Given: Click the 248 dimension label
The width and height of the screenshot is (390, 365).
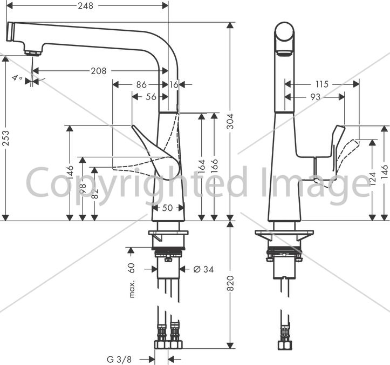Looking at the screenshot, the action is coord(86,6).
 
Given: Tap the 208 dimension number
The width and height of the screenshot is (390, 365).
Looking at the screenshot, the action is coord(99,71).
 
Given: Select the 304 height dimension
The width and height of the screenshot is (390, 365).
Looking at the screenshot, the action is coord(231,122).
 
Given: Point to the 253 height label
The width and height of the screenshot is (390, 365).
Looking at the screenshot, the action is coord(5,138).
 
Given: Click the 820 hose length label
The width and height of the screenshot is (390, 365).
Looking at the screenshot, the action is coord(231,283).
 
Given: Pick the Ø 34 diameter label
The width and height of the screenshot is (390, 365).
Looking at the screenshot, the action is coord(203,269).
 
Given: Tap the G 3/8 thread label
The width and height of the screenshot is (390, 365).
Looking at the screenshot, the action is coord(119,359).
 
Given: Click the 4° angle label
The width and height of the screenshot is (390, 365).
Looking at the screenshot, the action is coord(17,77).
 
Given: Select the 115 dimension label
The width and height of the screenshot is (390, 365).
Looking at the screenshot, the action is coord(322,84).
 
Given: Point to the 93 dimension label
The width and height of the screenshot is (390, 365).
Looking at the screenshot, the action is coord(316,97).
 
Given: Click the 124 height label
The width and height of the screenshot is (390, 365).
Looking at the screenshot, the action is coord(372,178).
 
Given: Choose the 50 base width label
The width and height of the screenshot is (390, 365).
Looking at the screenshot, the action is coord(167,208).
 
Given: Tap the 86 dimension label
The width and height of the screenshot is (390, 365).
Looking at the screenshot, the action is coord(141,85).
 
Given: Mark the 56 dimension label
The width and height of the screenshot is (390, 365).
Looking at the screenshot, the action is coord(151,97).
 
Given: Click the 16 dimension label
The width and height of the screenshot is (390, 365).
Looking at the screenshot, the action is coord(174,85).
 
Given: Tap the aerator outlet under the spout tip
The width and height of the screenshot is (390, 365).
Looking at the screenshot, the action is coord(32,53).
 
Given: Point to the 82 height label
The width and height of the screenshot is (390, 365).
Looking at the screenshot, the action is coord(94,194).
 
